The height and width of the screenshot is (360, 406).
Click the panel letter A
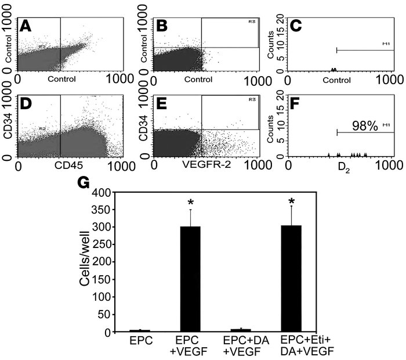(26, 27)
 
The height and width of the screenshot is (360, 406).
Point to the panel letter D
(26, 108)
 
